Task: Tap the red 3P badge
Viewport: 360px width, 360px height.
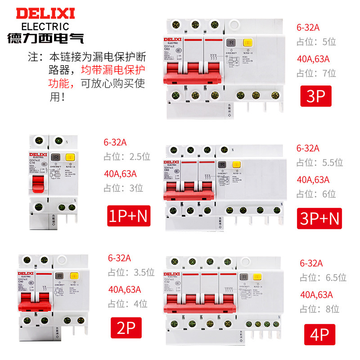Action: point(315,96)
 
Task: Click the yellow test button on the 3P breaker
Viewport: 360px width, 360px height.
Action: point(247,43)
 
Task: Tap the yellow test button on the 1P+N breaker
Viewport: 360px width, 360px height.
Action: point(70,158)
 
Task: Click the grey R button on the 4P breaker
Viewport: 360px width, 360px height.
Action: point(243,277)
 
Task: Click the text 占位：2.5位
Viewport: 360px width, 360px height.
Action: point(126,157)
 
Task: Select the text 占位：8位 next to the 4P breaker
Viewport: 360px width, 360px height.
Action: point(319,309)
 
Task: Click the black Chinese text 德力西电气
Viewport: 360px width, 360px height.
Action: point(45,38)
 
